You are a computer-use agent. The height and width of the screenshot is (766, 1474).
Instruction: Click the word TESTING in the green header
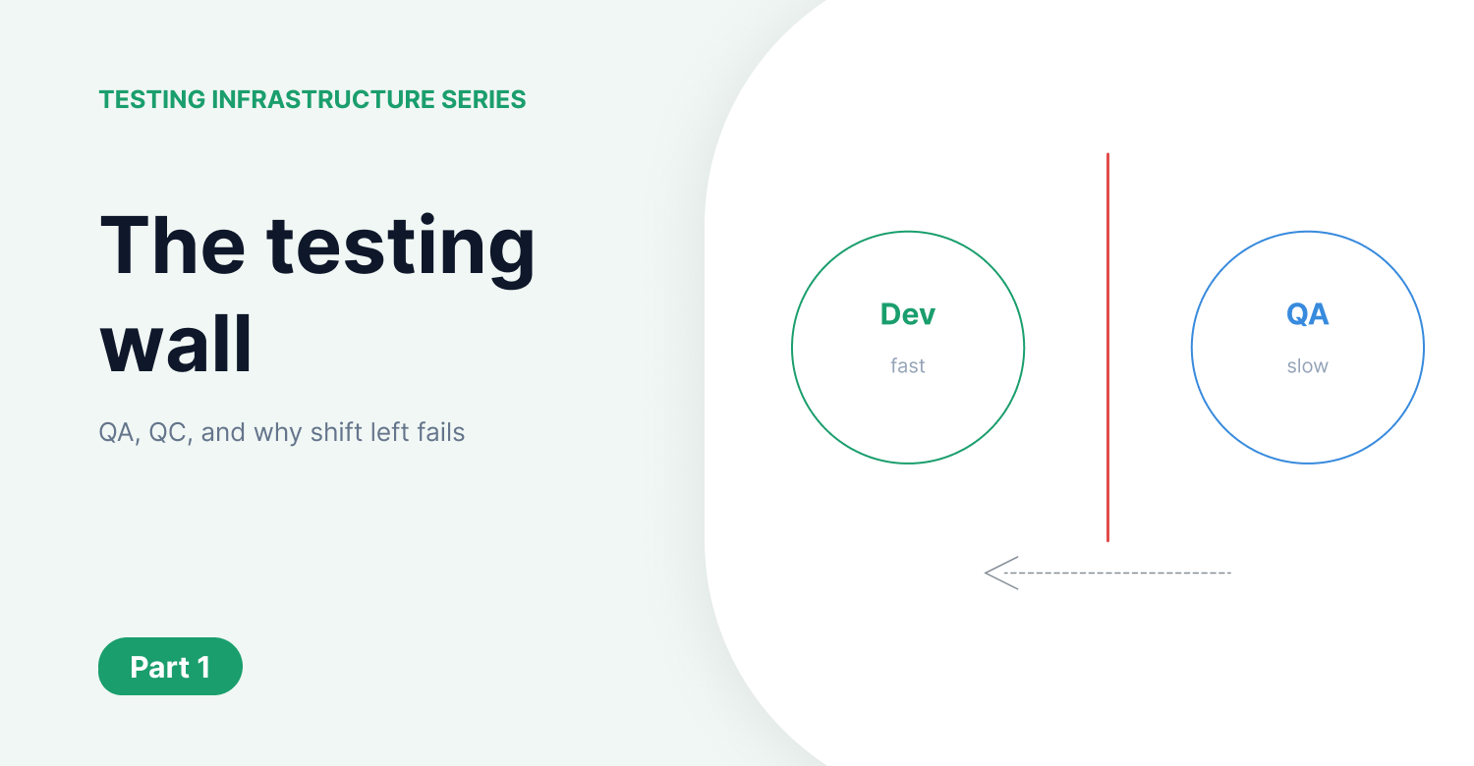click(x=152, y=100)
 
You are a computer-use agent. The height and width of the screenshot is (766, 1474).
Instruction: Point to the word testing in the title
click(x=402, y=247)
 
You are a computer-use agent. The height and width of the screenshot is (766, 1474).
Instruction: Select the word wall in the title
click(x=177, y=345)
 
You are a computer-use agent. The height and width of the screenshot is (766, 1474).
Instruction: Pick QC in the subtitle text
click(x=168, y=433)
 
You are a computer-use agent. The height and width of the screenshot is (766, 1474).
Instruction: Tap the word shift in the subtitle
click(x=336, y=433)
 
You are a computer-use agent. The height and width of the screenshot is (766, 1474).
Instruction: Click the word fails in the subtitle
click(x=440, y=433)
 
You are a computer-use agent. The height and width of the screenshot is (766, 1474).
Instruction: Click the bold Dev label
click(x=908, y=314)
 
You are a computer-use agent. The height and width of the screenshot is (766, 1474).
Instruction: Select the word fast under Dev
click(x=908, y=366)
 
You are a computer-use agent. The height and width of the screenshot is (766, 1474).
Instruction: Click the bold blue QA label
click(x=1307, y=314)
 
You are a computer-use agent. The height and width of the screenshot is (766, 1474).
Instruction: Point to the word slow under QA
click(x=1307, y=366)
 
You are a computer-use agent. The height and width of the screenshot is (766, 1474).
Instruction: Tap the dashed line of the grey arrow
click(x=1120, y=573)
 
